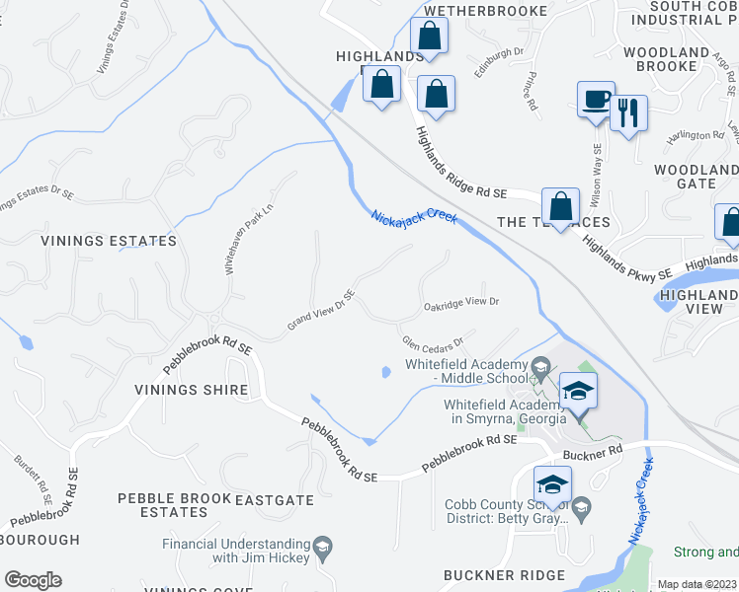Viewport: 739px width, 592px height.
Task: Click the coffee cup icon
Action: coord(596,101)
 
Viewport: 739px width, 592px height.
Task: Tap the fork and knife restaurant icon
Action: coord(627,113)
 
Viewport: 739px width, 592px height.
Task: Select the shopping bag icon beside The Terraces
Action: coord(560,208)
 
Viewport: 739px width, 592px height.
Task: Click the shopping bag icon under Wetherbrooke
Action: coord(430,37)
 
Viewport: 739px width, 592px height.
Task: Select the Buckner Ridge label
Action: coord(504,575)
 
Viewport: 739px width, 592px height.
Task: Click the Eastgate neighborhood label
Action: coord(275,501)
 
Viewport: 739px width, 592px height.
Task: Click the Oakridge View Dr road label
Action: coord(462,302)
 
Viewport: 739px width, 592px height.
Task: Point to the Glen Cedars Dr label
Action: coord(433,342)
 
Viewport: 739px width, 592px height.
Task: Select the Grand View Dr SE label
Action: coord(320,311)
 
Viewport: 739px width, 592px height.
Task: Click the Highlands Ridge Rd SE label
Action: coord(459,165)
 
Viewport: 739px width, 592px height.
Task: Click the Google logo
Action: coord(32,580)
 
